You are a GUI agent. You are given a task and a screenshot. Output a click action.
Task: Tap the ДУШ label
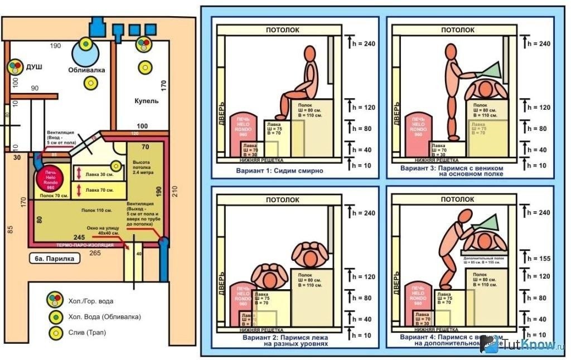[33, 67]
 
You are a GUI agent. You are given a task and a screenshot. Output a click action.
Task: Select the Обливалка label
[85, 71]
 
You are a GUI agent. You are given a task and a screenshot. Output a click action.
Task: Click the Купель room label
[146, 101]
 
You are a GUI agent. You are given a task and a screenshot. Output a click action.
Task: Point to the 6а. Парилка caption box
[54, 259]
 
